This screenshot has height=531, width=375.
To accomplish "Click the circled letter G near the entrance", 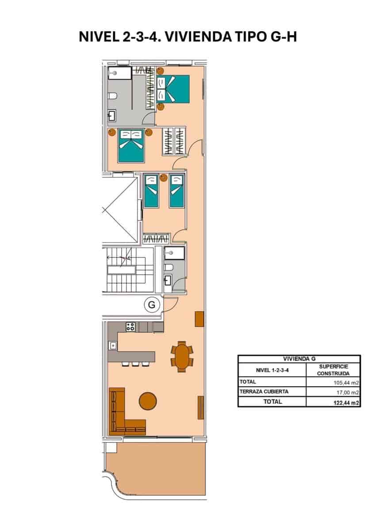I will pos(152,304).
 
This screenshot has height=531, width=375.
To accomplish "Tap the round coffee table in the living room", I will pos(148,401).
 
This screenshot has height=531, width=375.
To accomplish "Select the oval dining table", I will pos(182,356).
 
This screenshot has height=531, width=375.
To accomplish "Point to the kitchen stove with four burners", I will pos(130,327).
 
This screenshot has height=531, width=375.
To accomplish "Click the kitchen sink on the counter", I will pos(113,345).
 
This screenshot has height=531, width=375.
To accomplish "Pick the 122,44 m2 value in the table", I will pos(346,402).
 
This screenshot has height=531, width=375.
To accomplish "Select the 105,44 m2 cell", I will pos(346,382).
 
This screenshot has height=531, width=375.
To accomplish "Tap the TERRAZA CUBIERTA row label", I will pos(264,392).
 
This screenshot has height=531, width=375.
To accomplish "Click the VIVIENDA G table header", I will pos(299,359).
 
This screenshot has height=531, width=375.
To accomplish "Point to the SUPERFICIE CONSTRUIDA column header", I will pos(333,370).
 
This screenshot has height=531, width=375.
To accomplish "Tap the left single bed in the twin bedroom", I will pos(151,190).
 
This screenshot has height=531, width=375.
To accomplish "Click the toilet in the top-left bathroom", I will pos(113,96).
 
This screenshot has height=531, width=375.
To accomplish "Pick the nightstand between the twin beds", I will pos(164,178).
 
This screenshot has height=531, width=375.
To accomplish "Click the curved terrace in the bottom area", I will pos(155,469).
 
